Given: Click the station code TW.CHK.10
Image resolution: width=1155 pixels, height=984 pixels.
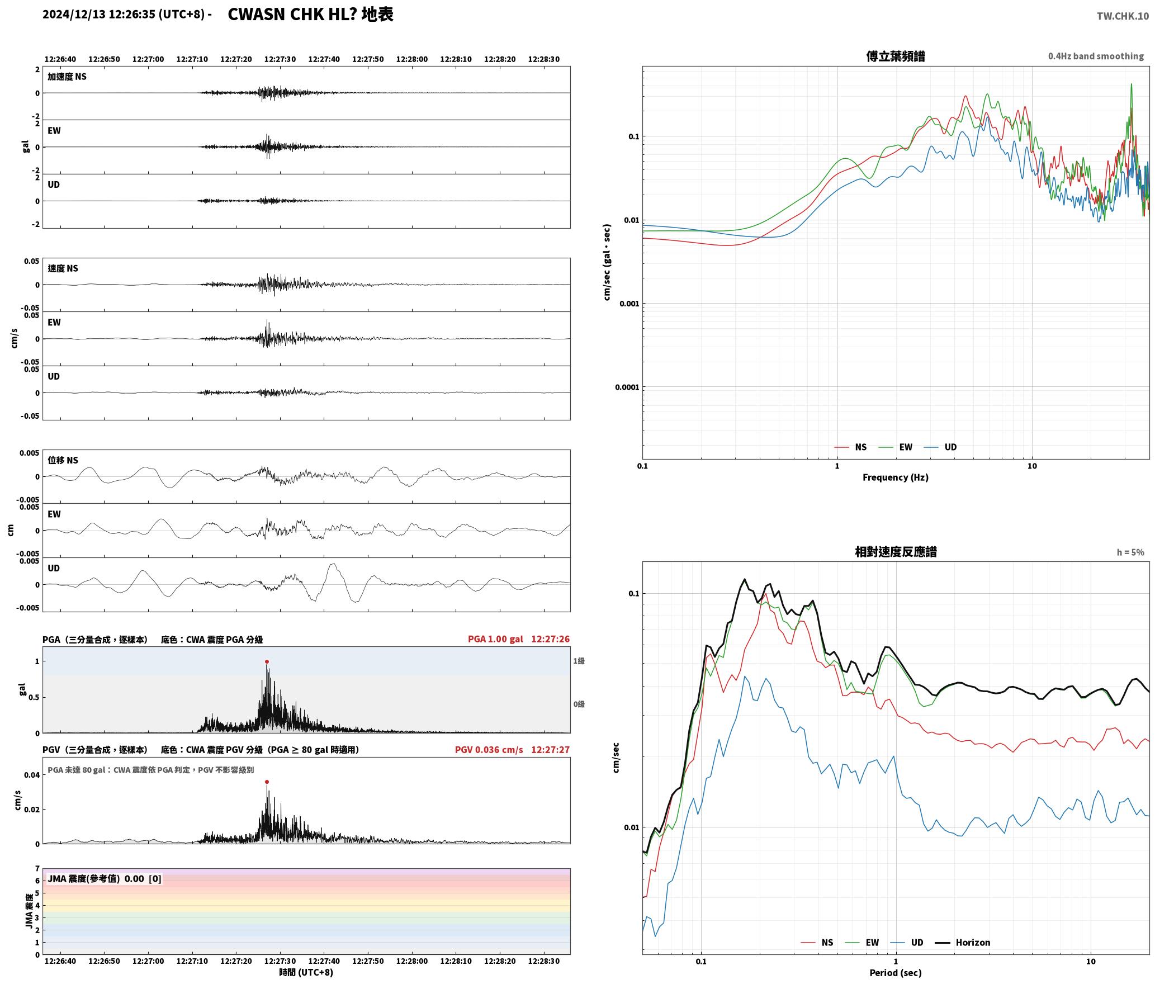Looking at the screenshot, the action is pyautogui.click(x=1123, y=16).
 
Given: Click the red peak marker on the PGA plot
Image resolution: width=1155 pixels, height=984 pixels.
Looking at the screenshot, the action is pyautogui.click(x=267, y=661).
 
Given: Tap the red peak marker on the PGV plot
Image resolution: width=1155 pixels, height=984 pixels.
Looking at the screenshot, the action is pyautogui.click(x=267, y=782).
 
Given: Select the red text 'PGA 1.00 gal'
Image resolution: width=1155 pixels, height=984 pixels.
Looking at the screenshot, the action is pyautogui.click(x=495, y=639).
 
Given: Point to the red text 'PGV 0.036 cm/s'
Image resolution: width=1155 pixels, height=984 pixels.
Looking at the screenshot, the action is pyautogui.click(x=489, y=750).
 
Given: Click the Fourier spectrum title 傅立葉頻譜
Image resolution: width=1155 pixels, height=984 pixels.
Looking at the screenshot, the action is pyautogui.click(x=896, y=56).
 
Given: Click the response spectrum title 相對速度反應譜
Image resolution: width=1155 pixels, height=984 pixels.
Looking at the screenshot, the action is pyautogui.click(x=896, y=552).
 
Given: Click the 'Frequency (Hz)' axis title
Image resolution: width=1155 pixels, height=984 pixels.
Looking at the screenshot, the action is pyautogui.click(x=896, y=477).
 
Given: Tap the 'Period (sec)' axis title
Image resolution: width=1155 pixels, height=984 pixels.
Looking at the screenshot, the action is pyautogui.click(x=896, y=972).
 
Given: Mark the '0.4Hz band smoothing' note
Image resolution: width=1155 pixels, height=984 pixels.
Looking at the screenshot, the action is pyautogui.click(x=1096, y=56).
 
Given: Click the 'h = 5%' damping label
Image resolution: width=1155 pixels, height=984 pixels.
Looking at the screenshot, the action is pyautogui.click(x=1130, y=552).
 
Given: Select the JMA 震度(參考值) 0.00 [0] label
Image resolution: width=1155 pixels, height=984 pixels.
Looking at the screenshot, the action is pyautogui.click(x=105, y=878).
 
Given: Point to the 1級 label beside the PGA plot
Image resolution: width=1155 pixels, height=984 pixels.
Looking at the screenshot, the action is pyautogui.click(x=579, y=661).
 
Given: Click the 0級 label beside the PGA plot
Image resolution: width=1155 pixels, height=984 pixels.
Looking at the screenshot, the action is pyautogui.click(x=579, y=704).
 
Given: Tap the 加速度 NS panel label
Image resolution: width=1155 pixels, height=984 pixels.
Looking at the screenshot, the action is pyautogui.click(x=67, y=77).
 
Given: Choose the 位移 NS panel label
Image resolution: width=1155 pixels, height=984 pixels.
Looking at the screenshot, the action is pyautogui.click(x=63, y=460).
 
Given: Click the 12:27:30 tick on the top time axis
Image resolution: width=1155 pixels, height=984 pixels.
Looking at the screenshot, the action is pyautogui.click(x=280, y=59).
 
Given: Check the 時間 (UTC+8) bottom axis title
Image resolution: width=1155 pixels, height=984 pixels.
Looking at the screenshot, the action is pyautogui.click(x=306, y=972).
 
